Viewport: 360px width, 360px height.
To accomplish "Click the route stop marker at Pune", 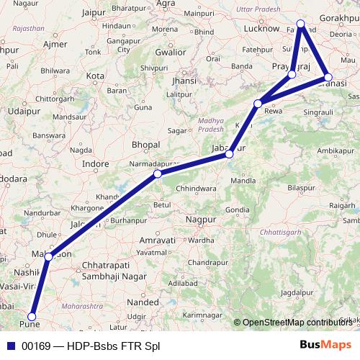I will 32,315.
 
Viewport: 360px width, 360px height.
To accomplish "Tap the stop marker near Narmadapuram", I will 158,174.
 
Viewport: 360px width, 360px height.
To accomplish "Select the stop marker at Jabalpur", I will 229,154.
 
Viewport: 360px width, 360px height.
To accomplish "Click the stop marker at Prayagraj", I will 292,74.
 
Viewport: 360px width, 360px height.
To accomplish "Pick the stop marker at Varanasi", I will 328,77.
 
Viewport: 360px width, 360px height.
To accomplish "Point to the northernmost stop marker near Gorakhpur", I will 301,24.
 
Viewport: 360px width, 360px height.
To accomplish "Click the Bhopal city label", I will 146,145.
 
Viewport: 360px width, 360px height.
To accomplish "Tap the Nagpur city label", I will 201,218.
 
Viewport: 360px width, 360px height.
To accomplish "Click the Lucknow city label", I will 261,28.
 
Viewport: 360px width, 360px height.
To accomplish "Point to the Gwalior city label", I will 170,52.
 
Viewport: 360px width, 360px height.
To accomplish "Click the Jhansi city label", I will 184,81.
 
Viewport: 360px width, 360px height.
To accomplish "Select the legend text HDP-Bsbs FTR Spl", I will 112,346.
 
